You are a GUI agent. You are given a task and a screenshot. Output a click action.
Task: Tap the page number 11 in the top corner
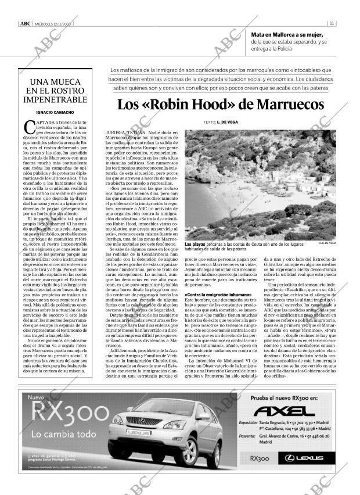coord(331,24)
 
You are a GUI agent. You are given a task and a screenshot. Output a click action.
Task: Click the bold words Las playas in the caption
coord(195,245)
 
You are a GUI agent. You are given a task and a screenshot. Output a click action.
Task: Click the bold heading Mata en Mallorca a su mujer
coord(287,35)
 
